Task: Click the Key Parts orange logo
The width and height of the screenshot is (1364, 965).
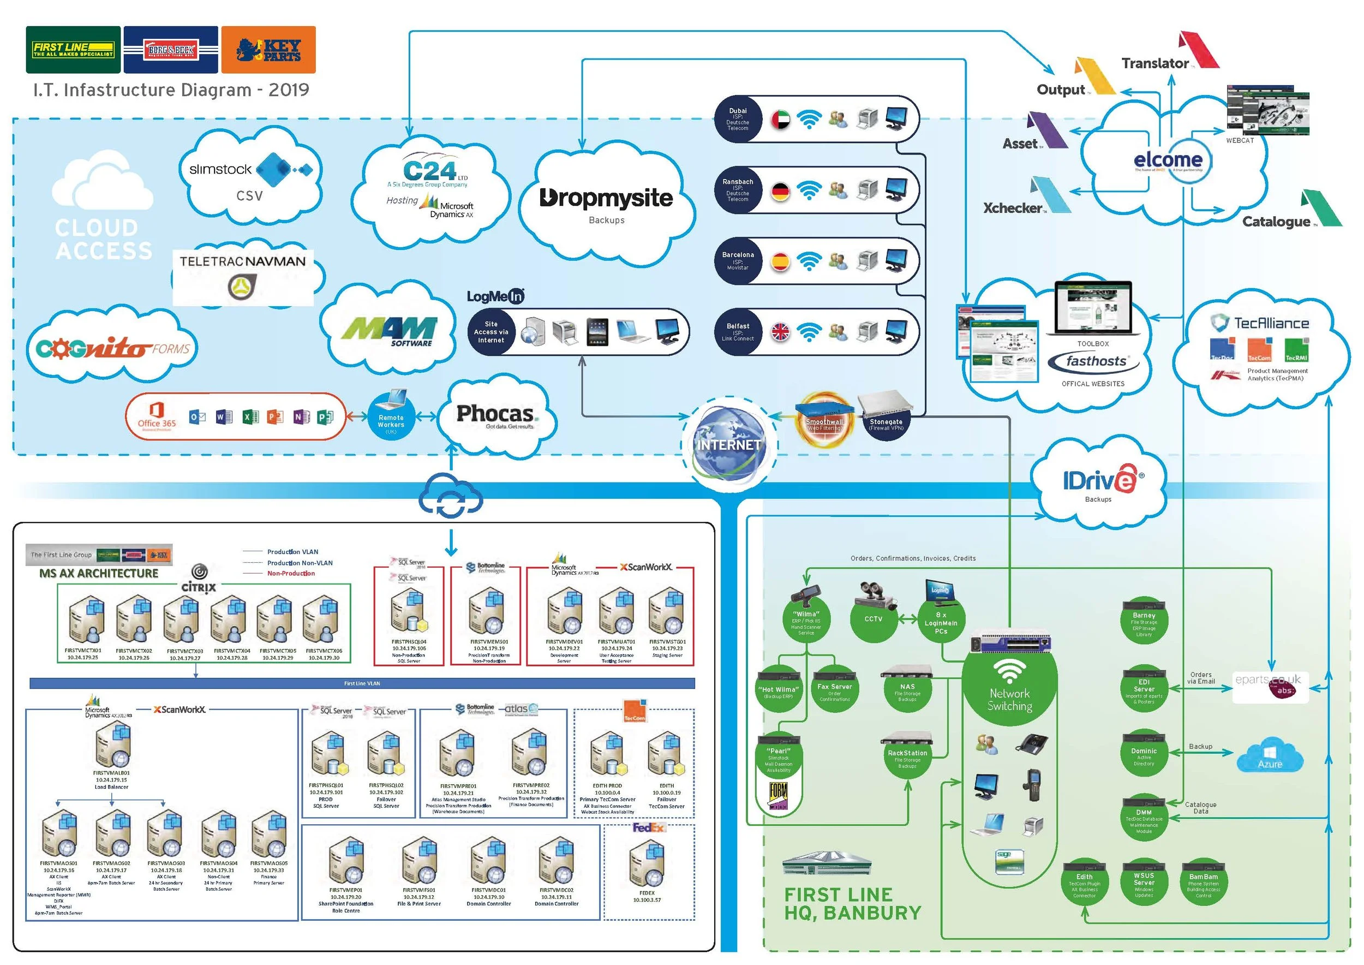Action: click(268, 50)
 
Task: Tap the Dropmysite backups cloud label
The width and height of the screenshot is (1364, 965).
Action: click(606, 199)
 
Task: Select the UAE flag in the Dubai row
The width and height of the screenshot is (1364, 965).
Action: click(781, 120)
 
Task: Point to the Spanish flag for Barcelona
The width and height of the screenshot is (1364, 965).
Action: click(781, 261)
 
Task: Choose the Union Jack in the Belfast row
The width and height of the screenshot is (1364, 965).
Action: click(781, 332)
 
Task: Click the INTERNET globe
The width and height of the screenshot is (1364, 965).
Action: click(729, 444)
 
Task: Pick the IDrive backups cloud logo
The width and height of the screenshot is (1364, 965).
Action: click(1098, 480)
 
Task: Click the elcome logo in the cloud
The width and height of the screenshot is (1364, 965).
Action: click(1168, 160)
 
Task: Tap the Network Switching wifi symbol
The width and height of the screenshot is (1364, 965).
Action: click(1009, 671)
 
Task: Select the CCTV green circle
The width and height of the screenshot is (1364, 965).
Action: click(874, 619)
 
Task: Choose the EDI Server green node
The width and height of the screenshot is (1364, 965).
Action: click(1144, 689)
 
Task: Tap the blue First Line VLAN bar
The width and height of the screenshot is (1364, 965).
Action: click(362, 683)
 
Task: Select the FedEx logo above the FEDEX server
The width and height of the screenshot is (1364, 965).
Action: click(648, 827)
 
